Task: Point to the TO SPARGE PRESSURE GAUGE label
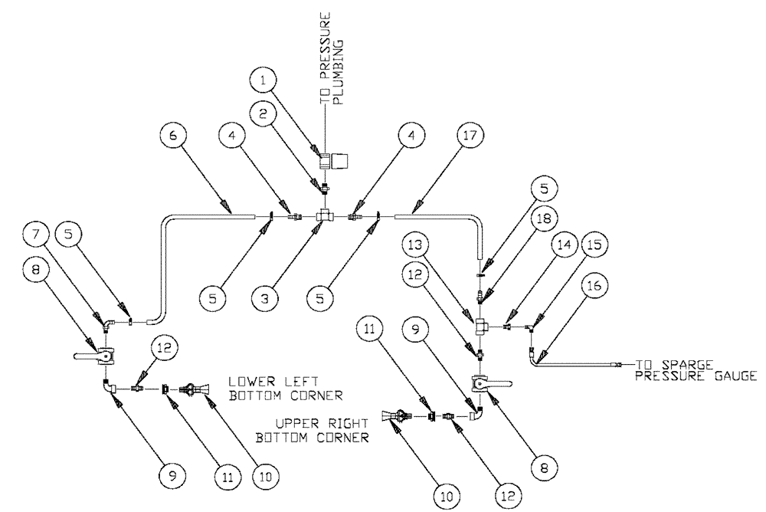[x=693, y=369]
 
